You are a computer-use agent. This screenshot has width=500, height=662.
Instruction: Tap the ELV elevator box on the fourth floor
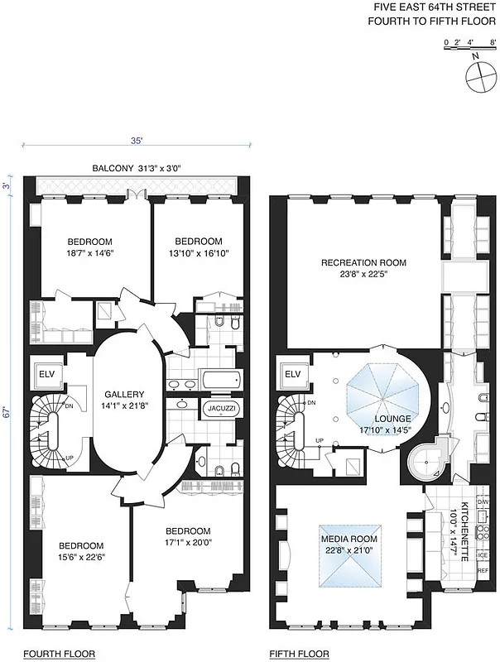pyautogui.click(x=46, y=374)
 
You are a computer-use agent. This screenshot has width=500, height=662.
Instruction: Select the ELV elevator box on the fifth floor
pyautogui.click(x=292, y=374)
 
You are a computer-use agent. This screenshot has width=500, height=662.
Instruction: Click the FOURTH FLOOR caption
pyautogui.click(x=59, y=654)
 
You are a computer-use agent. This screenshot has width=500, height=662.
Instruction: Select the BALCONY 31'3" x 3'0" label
pyautogui.click(x=137, y=169)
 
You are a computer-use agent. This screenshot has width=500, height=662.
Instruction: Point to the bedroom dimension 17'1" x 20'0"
pyautogui.click(x=188, y=544)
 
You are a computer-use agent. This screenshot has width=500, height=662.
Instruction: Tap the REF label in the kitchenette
pyautogui.click(x=483, y=594)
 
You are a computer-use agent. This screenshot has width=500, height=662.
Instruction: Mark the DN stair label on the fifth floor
pyautogui.click(x=311, y=402)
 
